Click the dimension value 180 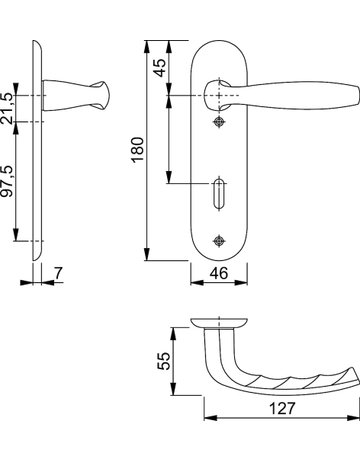click(138, 149)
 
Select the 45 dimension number click(161, 68)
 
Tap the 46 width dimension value click(219, 273)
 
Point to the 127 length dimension click(282, 408)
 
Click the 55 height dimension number click(164, 361)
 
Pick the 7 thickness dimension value click(58, 273)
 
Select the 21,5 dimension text click(7, 108)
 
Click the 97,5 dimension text click(7, 181)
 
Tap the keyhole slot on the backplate click(219, 194)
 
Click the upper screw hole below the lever click(219, 122)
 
